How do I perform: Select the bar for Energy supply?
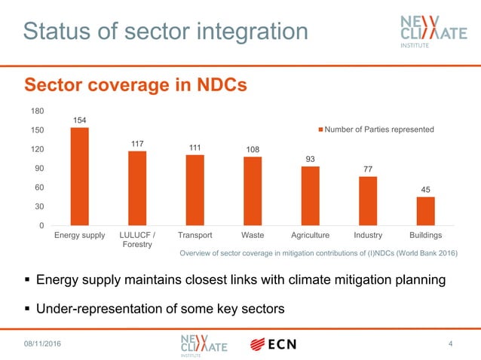click(x=79, y=176)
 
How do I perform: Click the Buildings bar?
click(x=425, y=211)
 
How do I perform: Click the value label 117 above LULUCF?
click(x=136, y=143)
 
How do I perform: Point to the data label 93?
click(x=310, y=158)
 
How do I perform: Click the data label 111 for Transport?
click(x=195, y=147)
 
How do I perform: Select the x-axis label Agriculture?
click(x=310, y=235)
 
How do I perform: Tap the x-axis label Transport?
click(x=195, y=235)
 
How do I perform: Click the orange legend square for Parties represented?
click(x=320, y=130)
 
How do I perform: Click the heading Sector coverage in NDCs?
click(x=136, y=85)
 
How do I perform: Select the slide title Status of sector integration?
click(x=165, y=31)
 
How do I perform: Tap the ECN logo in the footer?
click(x=273, y=344)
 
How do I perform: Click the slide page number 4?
click(x=450, y=344)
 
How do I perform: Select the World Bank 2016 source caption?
click(x=317, y=254)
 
